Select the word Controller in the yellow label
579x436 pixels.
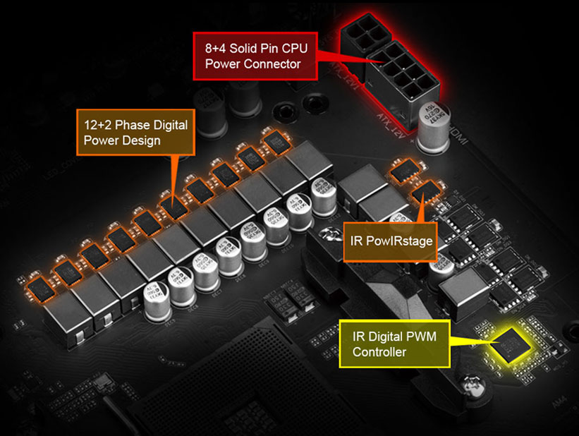(379, 352)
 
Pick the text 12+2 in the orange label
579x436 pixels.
(97, 125)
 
